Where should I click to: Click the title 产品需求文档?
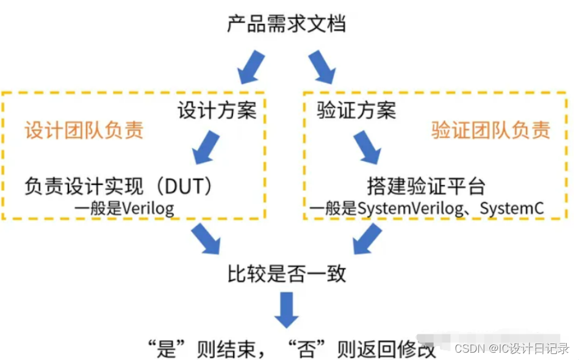[x=286, y=25]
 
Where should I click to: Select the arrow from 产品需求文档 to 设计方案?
[x=250, y=67]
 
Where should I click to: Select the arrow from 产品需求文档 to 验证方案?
[x=321, y=67]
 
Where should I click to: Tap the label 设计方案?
[x=217, y=111]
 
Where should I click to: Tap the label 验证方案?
[x=357, y=111]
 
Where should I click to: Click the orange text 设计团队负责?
[x=84, y=131]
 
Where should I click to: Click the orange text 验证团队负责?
[x=491, y=130]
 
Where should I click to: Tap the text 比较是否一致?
[x=286, y=273]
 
